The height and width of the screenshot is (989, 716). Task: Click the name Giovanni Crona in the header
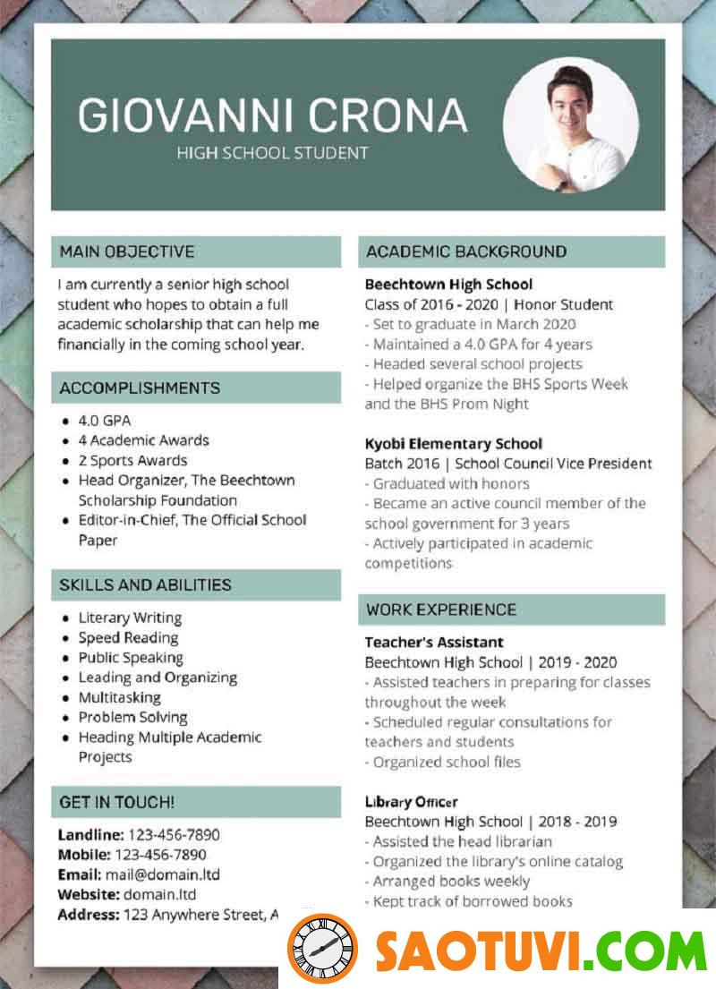272,115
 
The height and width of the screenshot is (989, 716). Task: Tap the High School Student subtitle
272,153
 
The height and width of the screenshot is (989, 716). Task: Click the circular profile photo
571,126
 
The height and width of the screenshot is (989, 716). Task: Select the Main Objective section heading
126,252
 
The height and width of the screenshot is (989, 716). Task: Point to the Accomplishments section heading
140,388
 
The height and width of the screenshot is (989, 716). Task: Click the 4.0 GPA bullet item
105,420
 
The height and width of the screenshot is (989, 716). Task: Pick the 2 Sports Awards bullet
132,460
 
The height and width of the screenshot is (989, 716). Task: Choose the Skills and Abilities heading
145,584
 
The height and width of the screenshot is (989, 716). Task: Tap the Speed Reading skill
128,637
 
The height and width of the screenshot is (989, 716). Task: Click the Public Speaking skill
131,657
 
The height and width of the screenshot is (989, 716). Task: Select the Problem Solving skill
132,717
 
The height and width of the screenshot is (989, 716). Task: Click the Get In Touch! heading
116,802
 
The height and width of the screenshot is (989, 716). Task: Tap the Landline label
89,835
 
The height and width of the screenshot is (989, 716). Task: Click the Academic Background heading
465,252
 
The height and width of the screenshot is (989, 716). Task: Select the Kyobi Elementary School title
453,443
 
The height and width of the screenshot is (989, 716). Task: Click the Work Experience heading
440,610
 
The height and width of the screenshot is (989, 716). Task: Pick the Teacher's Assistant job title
434,642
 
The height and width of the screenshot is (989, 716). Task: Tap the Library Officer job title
411,802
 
